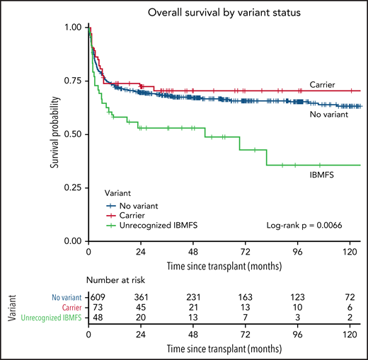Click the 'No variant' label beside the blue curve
click(326, 113)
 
